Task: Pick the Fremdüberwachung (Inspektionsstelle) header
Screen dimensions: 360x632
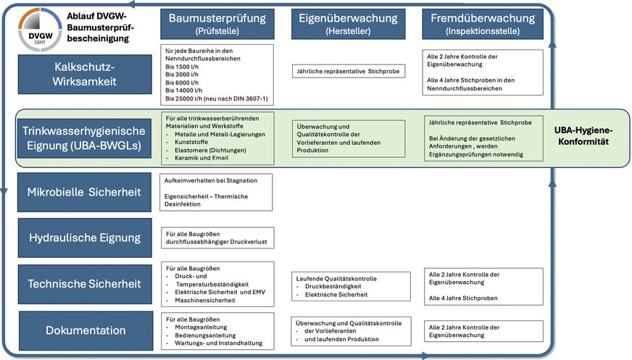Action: click(481, 24)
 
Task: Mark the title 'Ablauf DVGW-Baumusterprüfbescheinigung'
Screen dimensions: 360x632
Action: click(98, 26)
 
